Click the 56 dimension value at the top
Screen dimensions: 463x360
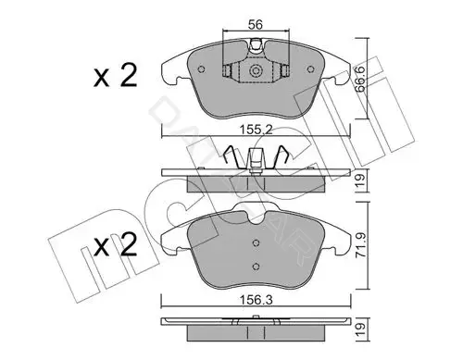click(256, 25)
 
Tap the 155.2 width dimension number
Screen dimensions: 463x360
click(257, 130)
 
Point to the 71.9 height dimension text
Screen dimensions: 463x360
click(359, 245)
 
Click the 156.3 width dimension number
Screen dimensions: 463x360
click(257, 300)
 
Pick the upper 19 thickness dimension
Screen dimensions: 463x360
click(360, 180)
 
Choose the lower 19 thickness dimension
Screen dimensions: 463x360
click(360, 329)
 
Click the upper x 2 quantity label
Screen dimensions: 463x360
click(115, 76)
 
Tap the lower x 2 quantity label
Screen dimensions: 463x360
click(115, 244)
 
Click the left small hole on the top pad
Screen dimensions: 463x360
click(202, 69)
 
